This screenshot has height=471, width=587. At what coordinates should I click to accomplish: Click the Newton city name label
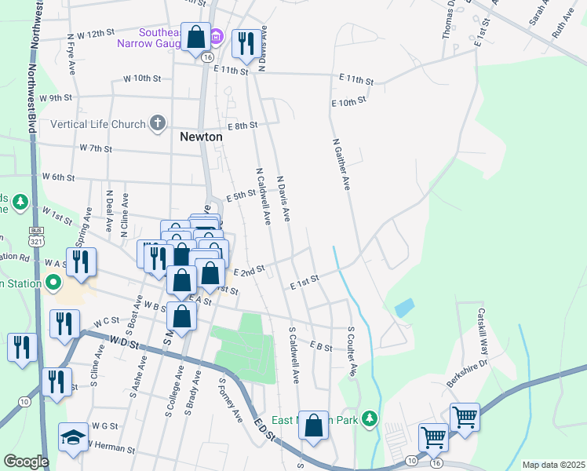point(202,137)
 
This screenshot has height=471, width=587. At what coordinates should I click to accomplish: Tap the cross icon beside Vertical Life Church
point(158,123)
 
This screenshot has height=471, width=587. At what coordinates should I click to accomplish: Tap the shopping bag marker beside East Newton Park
point(314,426)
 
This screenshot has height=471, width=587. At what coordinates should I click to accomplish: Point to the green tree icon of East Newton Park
point(374,421)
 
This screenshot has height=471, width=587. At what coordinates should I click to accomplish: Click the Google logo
point(26,462)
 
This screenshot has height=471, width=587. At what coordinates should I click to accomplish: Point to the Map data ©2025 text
point(552,465)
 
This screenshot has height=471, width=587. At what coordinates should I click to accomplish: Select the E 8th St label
point(242,126)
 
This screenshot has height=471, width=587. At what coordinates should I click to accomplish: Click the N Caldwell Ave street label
point(262,196)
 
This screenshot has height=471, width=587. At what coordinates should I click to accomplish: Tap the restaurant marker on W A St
point(81,262)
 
